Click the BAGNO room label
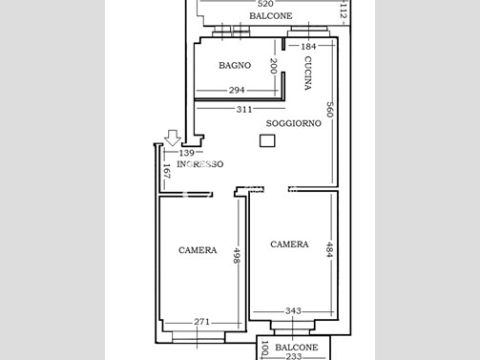[x=235, y=65]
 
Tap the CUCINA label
[x=307, y=73]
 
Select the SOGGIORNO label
[x=293, y=123]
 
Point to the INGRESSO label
[x=200, y=164]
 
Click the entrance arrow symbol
[x=173, y=138]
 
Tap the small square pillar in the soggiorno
[x=267, y=140]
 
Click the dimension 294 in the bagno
[x=237, y=91]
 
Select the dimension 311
[x=244, y=110]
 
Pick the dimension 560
[x=329, y=110]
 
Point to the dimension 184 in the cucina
[x=308, y=47]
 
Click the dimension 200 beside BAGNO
[x=273, y=66]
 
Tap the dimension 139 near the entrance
[x=187, y=153]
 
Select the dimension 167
[x=166, y=171]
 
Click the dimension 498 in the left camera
[x=237, y=256]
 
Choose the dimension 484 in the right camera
[x=329, y=249]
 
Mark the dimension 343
[x=293, y=310]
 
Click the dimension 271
[x=202, y=322]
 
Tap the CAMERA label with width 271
[x=198, y=250]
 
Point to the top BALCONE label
[x=271, y=16]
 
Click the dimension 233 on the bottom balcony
[x=293, y=356]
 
